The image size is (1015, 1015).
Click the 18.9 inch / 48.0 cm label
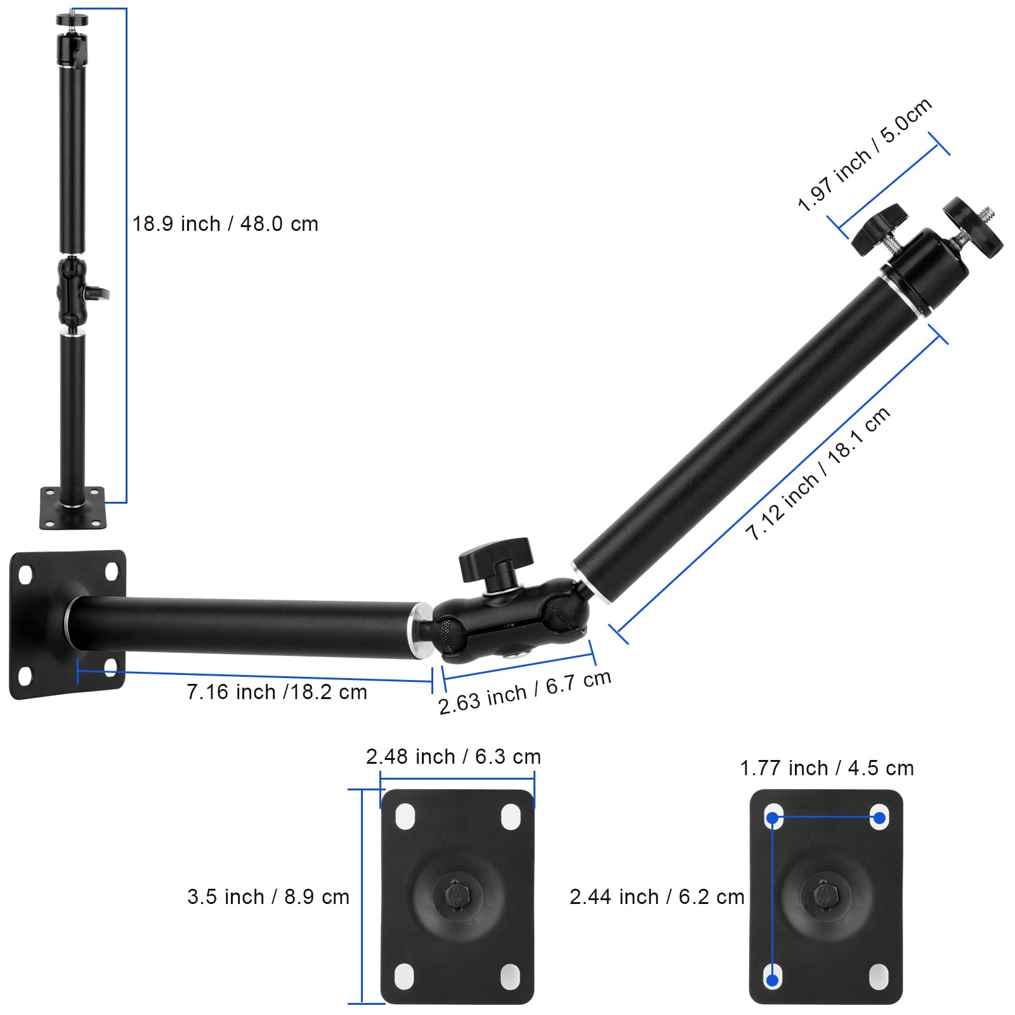tap(225, 224)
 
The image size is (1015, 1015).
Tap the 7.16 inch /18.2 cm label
tap(277, 692)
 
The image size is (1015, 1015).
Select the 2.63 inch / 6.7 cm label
tap(524, 693)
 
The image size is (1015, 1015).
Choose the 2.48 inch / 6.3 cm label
tap(453, 757)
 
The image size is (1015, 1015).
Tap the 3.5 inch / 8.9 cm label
tap(268, 897)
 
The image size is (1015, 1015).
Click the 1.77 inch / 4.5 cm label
tap(827, 768)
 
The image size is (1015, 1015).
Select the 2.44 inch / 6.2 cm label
tap(657, 897)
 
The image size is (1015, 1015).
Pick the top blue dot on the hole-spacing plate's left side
tap(772, 818)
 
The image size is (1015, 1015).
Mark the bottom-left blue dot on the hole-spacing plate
tap(772, 980)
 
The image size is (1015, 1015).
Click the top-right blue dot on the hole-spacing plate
tap(879, 818)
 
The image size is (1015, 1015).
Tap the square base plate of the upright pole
tap(72, 509)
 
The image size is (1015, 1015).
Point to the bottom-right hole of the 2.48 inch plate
tap(511, 977)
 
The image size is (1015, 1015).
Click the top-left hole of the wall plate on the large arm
tap(26, 575)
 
